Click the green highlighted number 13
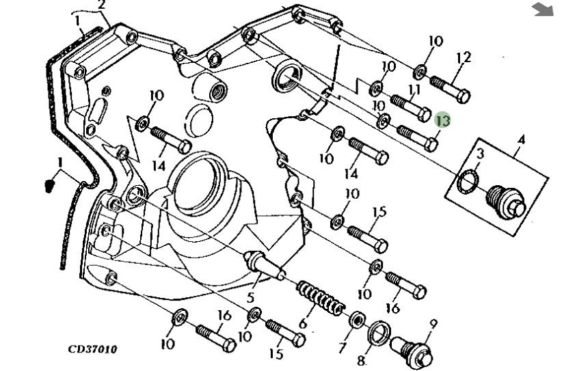pos(442,120)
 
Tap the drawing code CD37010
pos(92,348)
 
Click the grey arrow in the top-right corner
pos(542,9)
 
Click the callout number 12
pos(463,58)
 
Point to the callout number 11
pos(414,89)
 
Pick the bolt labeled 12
pos(450,89)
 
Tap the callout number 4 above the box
pos(521,140)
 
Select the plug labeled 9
pos(412,353)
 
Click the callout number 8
pos(361,361)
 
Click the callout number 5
pos(250,297)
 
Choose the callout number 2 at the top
pos(102,5)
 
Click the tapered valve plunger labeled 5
pos(265,264)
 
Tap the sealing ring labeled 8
pos(379,333)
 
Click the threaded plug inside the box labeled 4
pos(506,203)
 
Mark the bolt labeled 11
pos(411,107)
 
